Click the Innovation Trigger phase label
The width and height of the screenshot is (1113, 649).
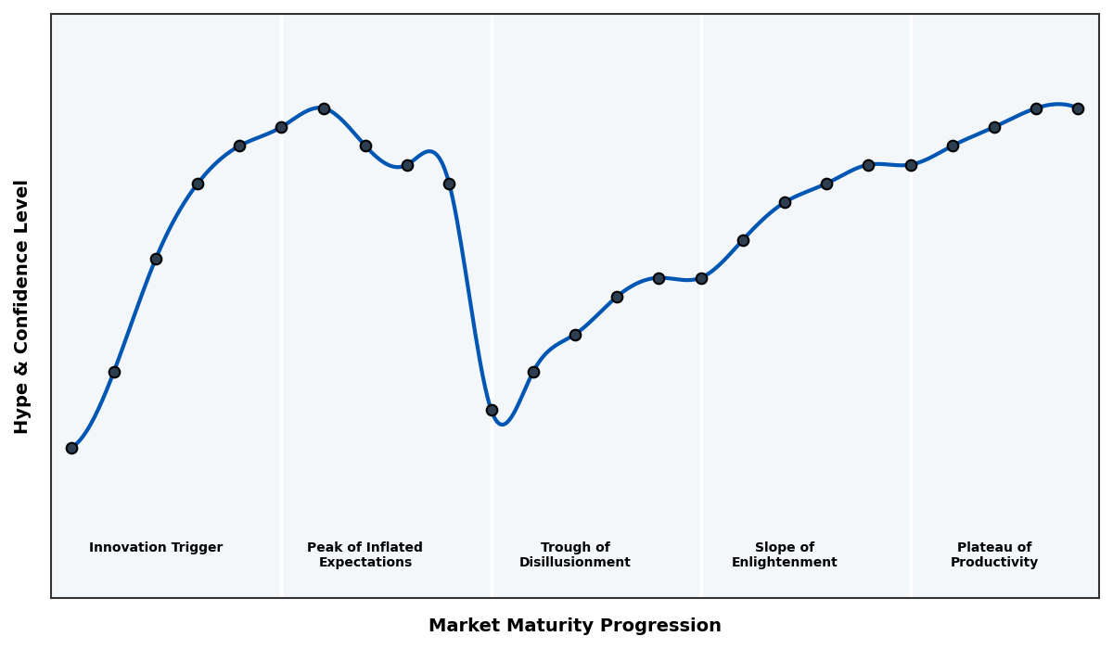(156, 548)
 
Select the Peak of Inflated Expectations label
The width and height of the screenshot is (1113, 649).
(365, 554)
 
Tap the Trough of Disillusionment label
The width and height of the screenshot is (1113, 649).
(575, 554)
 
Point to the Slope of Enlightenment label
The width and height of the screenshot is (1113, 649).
(785, 554)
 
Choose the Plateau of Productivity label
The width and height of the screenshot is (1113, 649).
(994, 554)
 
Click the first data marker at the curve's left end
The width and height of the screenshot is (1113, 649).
(71, 448)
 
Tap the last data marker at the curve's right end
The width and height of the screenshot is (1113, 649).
(1078, 108)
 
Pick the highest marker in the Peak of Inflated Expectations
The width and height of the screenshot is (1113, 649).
(324, 108)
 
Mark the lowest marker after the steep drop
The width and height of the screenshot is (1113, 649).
(492, 410)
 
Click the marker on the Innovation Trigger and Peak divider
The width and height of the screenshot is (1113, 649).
(281, 127)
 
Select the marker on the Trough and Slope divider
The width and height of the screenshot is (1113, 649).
(701, 278)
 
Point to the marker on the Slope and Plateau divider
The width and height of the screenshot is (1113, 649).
(911, 165)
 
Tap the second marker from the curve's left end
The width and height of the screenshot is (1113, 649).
(114, 372)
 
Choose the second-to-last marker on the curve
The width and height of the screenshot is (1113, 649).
(1036, 108)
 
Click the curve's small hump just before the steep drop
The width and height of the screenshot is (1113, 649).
(429, 151)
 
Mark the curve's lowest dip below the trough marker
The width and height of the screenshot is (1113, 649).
(503, 424)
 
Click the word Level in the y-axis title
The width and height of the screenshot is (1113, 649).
(22, 206)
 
